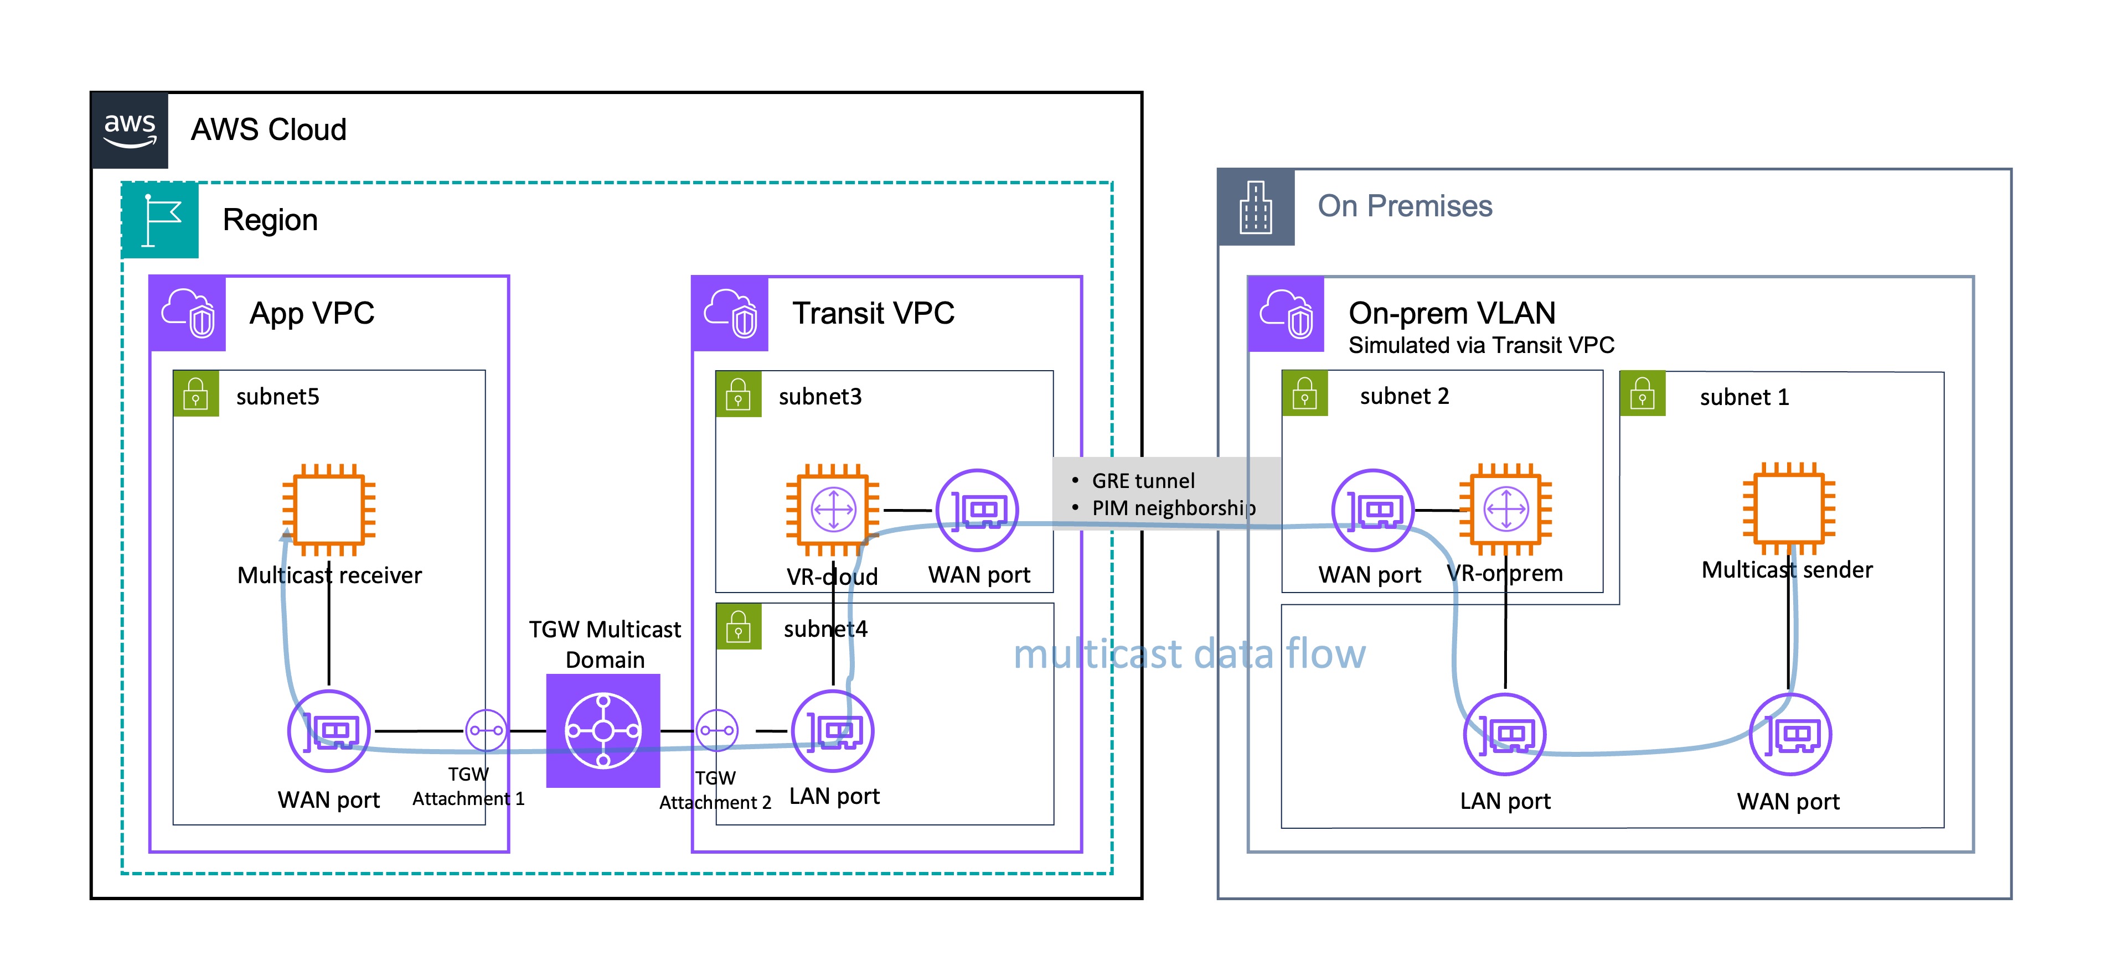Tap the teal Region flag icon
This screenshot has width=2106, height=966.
(160, 220)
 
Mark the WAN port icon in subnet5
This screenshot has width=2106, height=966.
(329, 731)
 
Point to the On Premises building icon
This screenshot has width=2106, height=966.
(1256, 207)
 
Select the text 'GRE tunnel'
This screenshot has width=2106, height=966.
(1143, 481)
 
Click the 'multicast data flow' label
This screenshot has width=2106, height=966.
(1190, 654)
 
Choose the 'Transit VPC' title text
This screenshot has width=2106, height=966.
(873, 313)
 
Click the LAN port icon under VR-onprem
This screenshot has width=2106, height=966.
(1504, 734)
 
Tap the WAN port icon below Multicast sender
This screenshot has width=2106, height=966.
(1790, 734)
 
